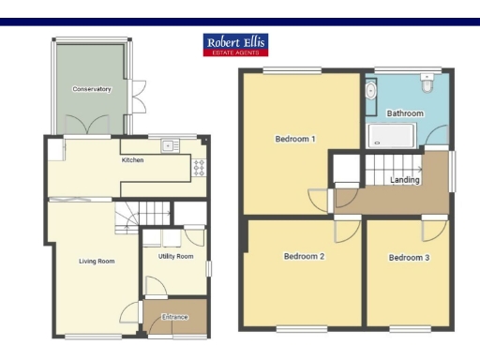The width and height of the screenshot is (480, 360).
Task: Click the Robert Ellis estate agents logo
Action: point(235,44)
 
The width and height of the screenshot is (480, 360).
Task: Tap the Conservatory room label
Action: point(92,89)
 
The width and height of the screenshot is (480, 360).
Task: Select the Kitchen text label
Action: point(132,160)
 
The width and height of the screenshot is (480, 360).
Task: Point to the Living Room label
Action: point(97,262)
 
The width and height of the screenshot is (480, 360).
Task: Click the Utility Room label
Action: point(175,256)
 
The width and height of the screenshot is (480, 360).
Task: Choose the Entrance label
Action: point(174,317)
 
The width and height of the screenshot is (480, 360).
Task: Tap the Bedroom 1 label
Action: point(294,140)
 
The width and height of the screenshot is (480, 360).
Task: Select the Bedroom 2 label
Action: point(304,256)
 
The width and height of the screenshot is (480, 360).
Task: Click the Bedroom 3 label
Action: point(410,258)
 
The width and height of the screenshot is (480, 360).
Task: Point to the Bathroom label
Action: point(405,113)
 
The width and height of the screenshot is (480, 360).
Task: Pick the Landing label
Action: point(405,180)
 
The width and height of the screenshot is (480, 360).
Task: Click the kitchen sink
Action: point(170,145)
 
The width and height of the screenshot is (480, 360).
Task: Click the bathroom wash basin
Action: point(371,91)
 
